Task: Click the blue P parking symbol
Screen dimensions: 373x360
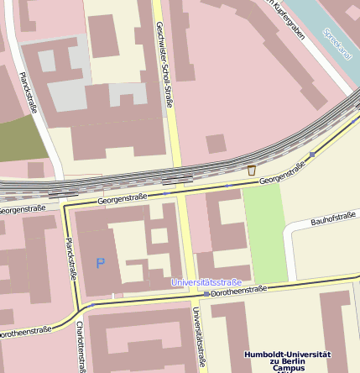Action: click(101, 263)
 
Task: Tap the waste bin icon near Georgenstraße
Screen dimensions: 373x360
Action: click(251, 171)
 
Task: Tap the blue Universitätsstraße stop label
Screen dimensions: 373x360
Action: click(206, 282)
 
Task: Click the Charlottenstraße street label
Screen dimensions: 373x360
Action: click(81, 344)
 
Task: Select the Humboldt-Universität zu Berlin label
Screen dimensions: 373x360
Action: click(288, 359)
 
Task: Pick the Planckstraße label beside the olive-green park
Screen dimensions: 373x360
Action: click(28, 92)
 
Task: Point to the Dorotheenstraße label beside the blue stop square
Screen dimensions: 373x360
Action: click(238, 291)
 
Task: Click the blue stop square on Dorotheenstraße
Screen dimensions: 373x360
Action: click(206, 295)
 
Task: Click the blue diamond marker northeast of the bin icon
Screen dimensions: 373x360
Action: click(312, 155)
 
